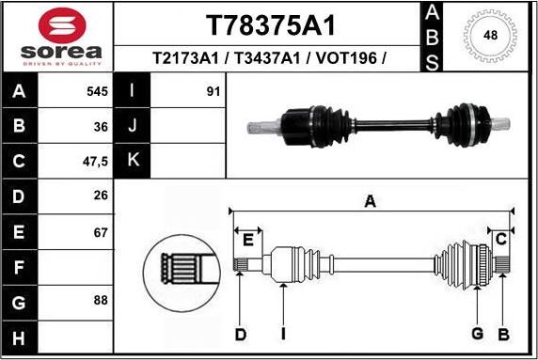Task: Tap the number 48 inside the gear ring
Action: [x=491, y=36]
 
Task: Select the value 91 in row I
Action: [x=213, y=92]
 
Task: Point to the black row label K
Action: [x=132, y=161]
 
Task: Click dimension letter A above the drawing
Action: [x=371, y=200]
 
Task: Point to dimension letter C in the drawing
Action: [x=501, y=237]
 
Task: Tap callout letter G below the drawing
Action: [x=477, y=335]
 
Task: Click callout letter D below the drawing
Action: [x=240, y=335]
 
